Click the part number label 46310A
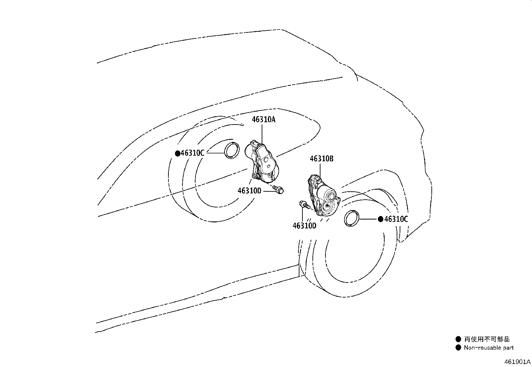264,120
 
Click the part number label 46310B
321,159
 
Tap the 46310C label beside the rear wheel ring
192,153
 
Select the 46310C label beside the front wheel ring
396,219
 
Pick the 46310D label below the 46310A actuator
249,191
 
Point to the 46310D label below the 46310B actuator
304,226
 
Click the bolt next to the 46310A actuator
278,189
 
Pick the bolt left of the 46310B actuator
305,205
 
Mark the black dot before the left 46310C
177,154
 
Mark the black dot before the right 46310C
381,219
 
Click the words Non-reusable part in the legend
489,348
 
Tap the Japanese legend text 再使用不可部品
487,339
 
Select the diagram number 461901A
517,362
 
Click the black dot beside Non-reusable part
458,348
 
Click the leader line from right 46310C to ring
368,219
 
